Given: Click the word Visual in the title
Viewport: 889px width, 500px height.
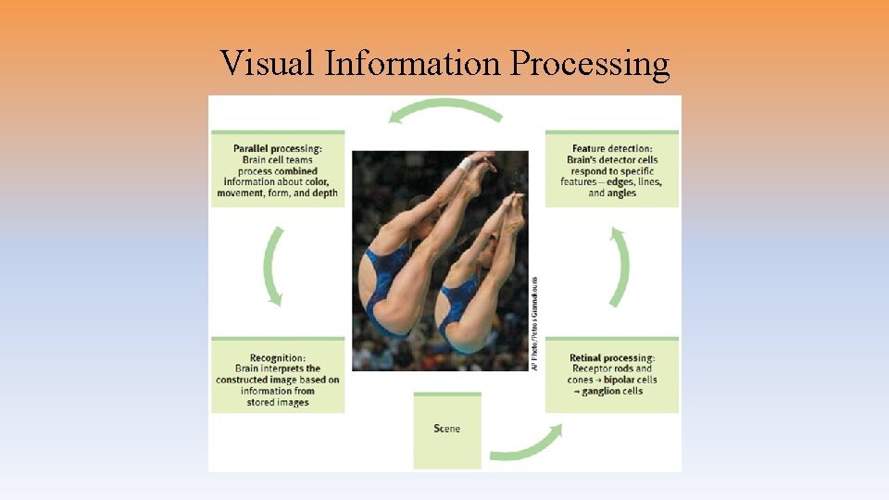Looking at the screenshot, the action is point(268,64).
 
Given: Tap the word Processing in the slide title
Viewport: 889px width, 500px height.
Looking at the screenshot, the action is point(589,65).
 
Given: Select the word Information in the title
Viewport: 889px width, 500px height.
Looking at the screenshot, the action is point(413,64).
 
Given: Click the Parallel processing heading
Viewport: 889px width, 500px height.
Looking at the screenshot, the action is point(278,149).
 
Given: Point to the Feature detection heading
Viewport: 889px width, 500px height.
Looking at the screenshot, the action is point(612,149).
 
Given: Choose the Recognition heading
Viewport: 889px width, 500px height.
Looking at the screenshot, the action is point(278,358).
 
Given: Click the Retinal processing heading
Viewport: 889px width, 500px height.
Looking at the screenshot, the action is point(612,358).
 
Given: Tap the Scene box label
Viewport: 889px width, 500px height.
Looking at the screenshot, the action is point(447,429).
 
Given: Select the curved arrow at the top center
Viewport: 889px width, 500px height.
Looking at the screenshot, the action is point(445,109).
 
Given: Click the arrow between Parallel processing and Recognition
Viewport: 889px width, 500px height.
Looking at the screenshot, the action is point(272,266).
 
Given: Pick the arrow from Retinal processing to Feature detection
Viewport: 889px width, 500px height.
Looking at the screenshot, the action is point(620,267).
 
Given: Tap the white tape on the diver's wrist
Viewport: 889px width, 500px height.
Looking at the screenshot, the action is point(466,164).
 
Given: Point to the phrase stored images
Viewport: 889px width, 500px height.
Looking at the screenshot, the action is point(278,403).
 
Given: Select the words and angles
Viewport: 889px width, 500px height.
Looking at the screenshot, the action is point(612,194).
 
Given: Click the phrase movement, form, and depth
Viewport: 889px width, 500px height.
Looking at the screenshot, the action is point(278,194).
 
